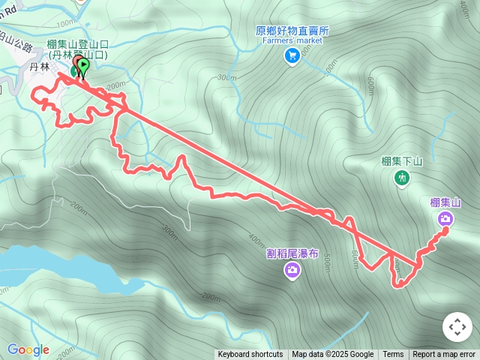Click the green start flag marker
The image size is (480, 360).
(x=82, y=67)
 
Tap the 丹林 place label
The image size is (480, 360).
(x=39, y=67)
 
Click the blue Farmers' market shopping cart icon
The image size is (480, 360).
(x=292, y=54)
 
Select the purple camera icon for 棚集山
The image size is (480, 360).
(x=445, y=218)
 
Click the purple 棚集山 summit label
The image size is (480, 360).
(x=445, y=202)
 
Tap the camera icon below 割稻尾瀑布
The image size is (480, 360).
(x=292, y=270)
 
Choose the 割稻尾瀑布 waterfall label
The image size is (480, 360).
(x=292, y=253)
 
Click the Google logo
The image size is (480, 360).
(x=28, y=349)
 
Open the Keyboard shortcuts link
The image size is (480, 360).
(x=250, y=355)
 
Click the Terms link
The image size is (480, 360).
(x=393, y=355)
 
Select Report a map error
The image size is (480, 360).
(x=445, y=355)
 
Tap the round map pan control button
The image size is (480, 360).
(x=457, y=327)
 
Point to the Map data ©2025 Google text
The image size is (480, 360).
(x=333, y=355)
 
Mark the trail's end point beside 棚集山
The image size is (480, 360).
(x=445, y=230)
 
